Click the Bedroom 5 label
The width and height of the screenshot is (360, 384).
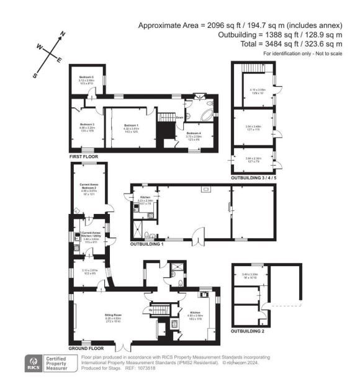[86, 78]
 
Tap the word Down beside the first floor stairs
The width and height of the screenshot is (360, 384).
[179, 116]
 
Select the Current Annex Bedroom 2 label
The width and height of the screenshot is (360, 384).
[91, 188]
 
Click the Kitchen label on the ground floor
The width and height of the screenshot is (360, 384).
[195, 312]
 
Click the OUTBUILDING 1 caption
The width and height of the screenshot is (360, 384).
[146, 244]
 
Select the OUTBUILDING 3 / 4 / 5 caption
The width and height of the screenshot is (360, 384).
[255, 178]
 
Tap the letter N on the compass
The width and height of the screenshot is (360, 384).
[62, 33]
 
